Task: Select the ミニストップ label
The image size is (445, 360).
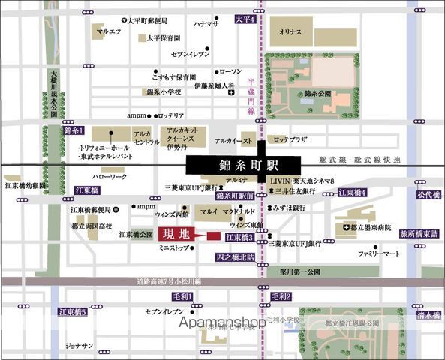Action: pyautogui.click(x=173, y=247)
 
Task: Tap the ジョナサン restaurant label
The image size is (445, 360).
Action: pyautogui.click(x=78, y=346)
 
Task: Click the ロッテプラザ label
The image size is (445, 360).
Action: pyautogui.click(x=291, y=139)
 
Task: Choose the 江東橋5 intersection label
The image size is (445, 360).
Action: pyautogui.click(x=73, y=311)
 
